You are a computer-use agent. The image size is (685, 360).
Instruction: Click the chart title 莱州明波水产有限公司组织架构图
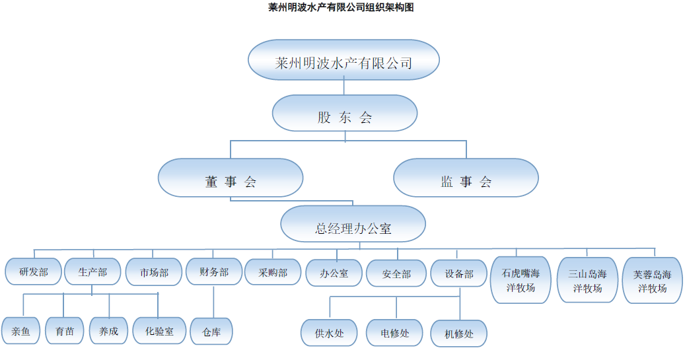point(342,7)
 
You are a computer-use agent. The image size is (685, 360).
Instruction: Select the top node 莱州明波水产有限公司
point(343,63)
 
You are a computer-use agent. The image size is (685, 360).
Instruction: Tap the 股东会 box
point(344,118)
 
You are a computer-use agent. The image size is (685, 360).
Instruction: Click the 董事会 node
point(230,182)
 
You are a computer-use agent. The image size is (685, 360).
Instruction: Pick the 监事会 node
point(466,182)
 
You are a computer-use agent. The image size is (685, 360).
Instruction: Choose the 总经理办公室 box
point(353,229)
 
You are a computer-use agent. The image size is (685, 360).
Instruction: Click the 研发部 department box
point(34,271)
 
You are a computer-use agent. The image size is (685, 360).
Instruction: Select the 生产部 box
point(92,271)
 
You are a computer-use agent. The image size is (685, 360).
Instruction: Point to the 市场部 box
point(154,271)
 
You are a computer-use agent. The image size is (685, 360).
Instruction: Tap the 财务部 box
point(214,271)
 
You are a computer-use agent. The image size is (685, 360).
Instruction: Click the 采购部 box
point(273,271)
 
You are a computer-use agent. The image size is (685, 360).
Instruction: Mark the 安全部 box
point(396,273)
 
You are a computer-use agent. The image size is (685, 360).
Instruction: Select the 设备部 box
point(459,273)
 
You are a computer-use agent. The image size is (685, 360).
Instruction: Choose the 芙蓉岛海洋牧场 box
point(652,280)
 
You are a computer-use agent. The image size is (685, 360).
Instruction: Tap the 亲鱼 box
point(20,331)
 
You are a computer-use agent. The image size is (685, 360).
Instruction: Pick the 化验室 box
point(159,331)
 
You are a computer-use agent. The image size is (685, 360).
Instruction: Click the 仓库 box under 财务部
point(211,332)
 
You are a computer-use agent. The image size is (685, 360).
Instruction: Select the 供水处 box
point(330,333)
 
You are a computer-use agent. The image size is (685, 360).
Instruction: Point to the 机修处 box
point(459,334)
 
